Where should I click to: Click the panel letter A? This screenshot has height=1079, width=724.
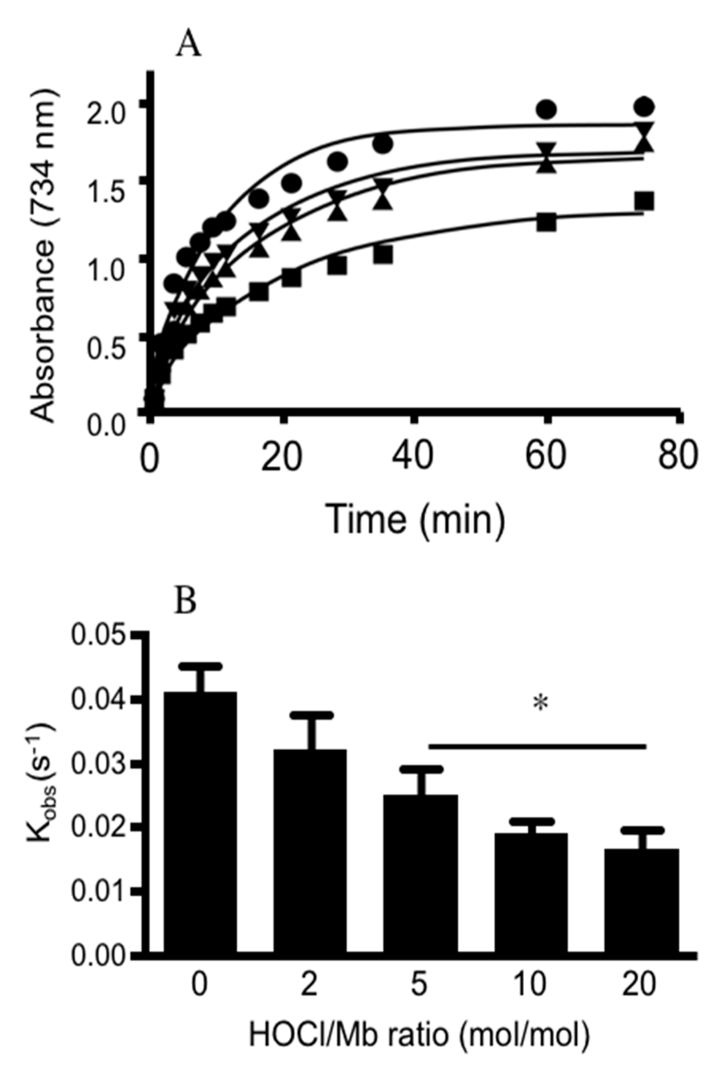pos(188,45)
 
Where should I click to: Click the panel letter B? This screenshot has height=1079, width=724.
pos(186,602)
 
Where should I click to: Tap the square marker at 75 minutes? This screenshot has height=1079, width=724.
pos(644,201)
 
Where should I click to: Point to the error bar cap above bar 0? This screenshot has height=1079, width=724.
pos(201,666)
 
